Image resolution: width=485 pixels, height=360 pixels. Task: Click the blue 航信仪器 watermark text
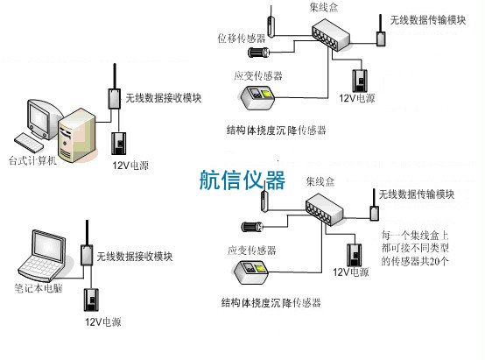click(x=242, y=180)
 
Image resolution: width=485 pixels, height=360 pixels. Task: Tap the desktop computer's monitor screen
click(x=41, y=116)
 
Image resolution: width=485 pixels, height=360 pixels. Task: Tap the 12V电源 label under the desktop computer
click(x=130, y=165)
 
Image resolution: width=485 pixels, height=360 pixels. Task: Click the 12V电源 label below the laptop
click(x=102, y=321)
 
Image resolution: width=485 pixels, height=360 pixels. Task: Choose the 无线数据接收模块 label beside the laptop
click(x=135, y=257)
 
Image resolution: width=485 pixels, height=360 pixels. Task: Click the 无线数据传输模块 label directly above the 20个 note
click(x=417, y=193)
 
